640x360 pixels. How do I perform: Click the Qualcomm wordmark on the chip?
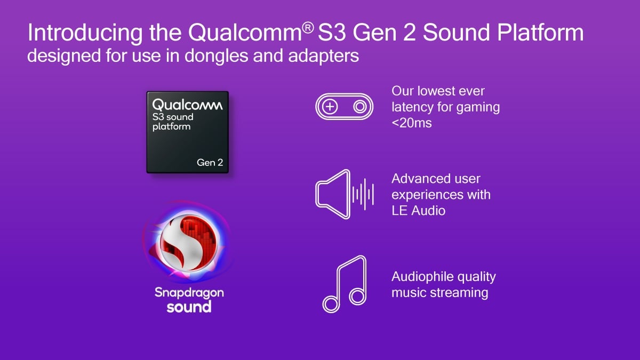click(187, 105)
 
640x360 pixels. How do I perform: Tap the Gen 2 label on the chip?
click(210, 162)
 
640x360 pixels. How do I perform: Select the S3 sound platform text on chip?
click(172, 122)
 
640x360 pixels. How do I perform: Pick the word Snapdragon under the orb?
click(189, 293)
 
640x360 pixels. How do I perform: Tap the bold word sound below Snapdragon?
click(189, 307)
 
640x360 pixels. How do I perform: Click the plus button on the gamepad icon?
click(331, 107)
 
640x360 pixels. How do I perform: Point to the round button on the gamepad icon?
click(360, 107)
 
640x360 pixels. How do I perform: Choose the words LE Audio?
click(418, 211)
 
